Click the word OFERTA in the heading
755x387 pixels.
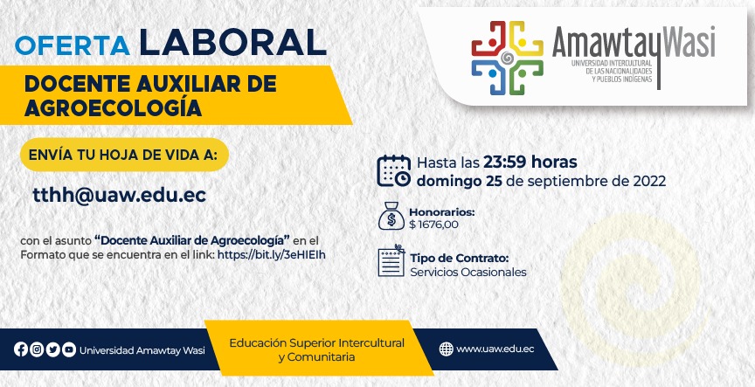(x=73, y=45)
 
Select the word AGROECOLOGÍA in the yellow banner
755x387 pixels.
(x=113, y=108)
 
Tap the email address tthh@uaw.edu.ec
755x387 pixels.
(x=120, y=195)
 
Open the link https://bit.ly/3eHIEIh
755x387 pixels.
(x=272, y=255)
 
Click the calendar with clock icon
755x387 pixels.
(x=394, y=171)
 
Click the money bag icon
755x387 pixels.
(x=391, y=216)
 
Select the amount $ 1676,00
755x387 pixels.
(x=433, y=225)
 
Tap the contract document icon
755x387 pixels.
(x=391, y=260)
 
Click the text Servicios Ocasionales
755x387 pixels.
(x=468, y=272)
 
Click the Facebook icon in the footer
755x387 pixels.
(x=21, y=349)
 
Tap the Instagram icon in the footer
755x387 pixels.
(x=37, y=349)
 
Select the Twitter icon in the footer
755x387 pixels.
(x=53, y=349)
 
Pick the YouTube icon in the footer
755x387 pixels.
(x=69, y=349)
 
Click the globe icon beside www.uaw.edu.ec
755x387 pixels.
(x=447, y=349)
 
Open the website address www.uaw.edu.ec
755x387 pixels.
(x=495, y=349)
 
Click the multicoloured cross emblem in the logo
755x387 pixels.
(x=507, y=58)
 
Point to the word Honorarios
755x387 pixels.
(x=442, y=212)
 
